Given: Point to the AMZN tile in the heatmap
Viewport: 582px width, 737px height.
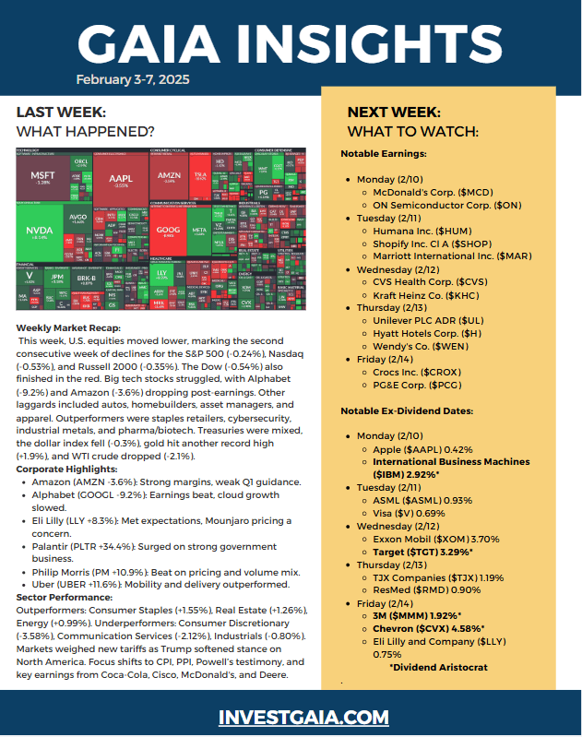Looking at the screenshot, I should click(x=169, y=175).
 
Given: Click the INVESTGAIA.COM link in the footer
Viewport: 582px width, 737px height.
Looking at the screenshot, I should click(x=291, y=717).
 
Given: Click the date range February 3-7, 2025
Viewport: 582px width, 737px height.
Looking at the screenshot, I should click(x=133, y=80).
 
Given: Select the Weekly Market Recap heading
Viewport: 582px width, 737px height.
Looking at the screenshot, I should click(x=67, y=328).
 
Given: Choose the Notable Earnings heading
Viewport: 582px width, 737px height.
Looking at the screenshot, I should click(x=384, y=153).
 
